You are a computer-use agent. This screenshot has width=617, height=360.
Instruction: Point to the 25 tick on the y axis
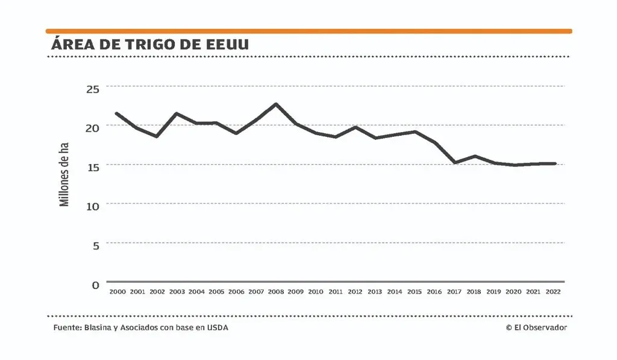coord(92,89)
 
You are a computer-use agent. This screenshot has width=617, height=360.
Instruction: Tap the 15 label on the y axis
coord(92,166)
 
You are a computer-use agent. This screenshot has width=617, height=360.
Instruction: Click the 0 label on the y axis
coord(95,285)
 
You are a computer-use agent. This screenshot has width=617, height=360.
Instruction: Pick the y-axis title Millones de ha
coord(64,174)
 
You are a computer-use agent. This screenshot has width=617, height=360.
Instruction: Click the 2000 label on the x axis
coord(117,292)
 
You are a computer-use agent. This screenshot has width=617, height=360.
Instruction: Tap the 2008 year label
coord(275,292)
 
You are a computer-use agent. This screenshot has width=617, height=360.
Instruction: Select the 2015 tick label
coord(414,292)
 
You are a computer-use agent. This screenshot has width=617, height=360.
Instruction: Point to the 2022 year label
coord(553,292)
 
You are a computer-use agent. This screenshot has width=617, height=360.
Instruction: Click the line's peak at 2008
coord(275,104)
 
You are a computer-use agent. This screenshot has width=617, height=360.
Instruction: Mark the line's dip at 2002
coord(157,136)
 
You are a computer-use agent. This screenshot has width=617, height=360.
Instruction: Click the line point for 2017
coord(454,163)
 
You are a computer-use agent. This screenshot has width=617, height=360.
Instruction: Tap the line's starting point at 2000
coord(117,113)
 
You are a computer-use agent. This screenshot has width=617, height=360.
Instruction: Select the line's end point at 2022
coord(554,163)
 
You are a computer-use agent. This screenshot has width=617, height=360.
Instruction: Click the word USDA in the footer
coord(218,327)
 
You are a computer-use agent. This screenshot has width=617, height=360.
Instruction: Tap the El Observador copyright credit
coord(536,327)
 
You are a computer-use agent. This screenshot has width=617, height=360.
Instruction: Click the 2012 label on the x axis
coord(355,292)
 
